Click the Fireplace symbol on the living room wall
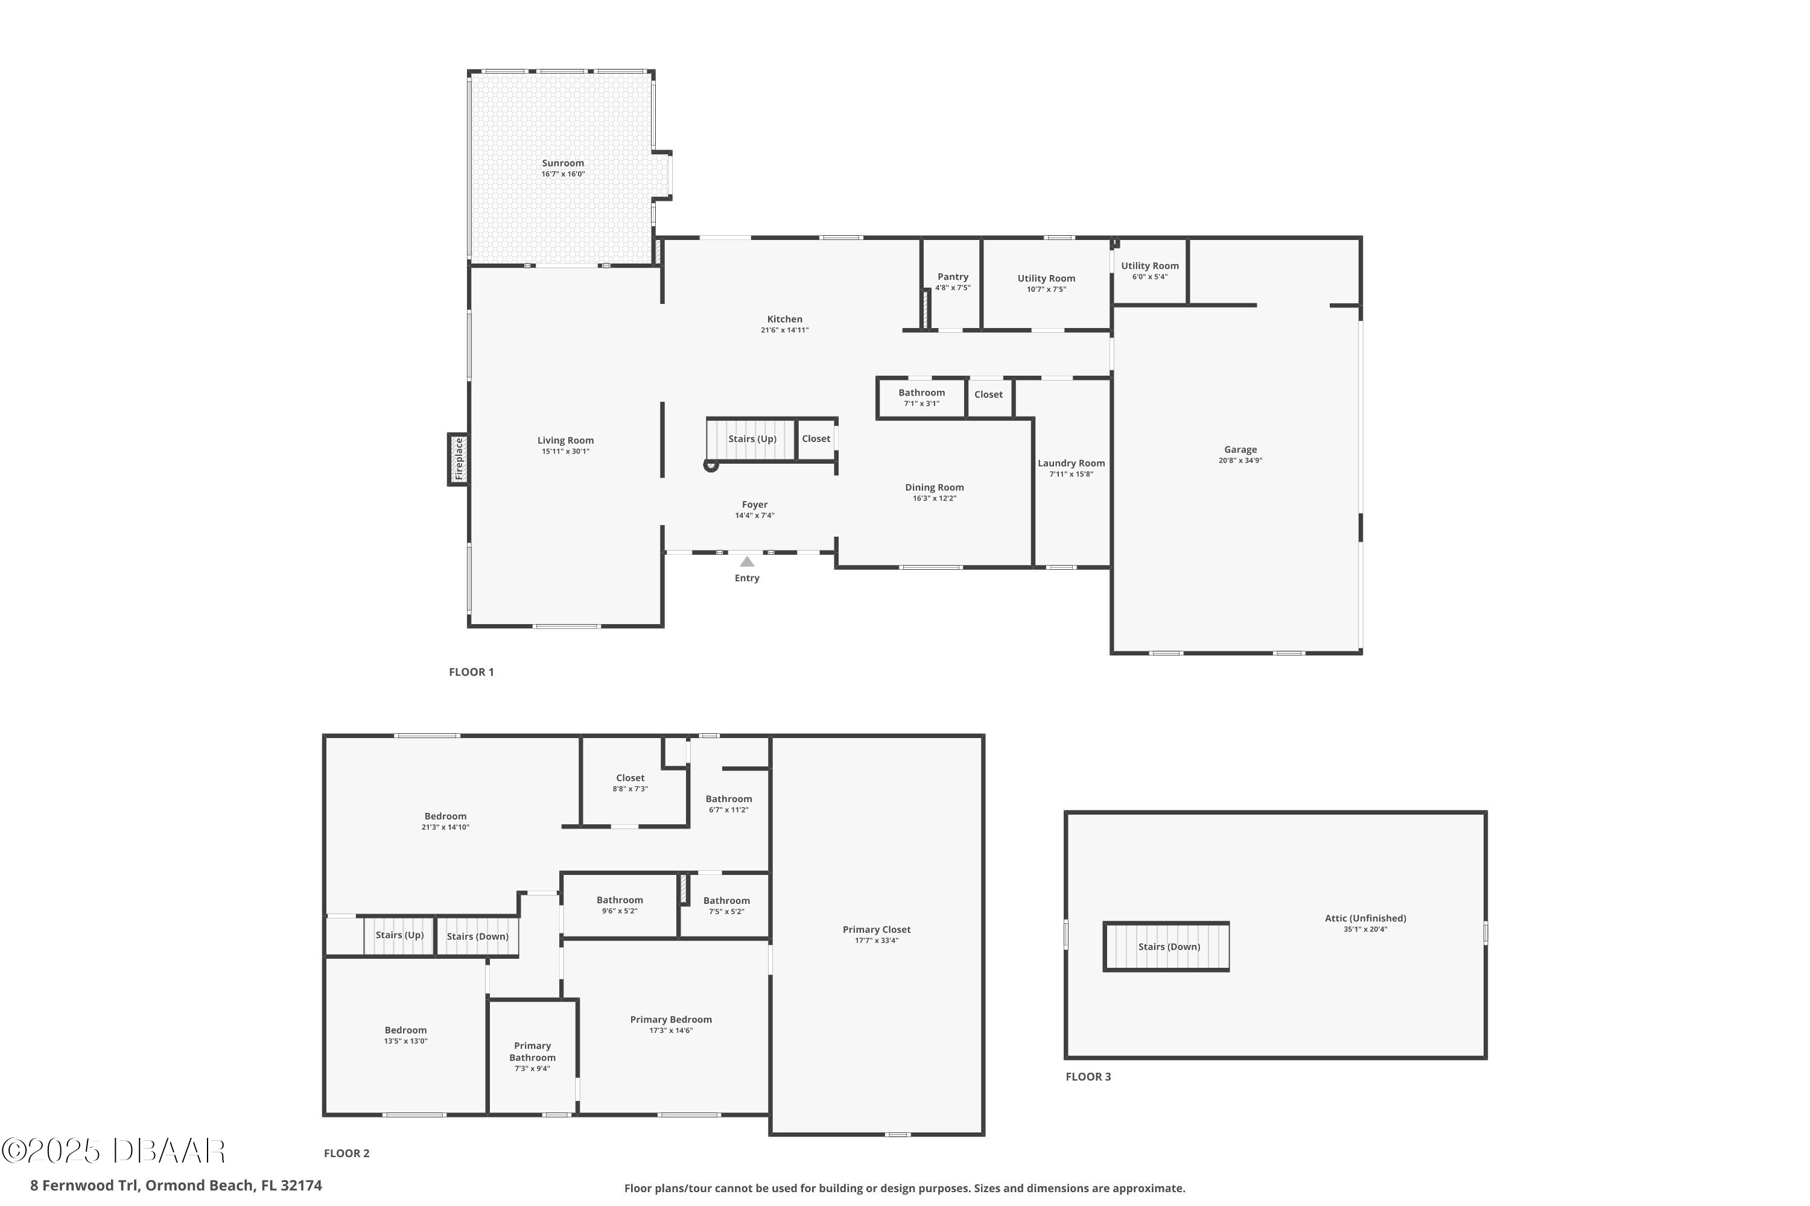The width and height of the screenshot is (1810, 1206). (459, 459)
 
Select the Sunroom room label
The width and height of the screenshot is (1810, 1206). (562, 163)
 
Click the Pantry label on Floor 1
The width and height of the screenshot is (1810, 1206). (953, 277)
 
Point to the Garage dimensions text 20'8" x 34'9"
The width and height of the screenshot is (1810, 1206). (1240, 461)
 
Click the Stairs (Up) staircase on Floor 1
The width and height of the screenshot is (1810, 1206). (751, 439)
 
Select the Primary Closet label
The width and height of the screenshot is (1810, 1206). (876, 930)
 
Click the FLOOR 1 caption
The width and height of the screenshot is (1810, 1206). (471, 672)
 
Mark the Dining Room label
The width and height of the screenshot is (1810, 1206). (934, 488)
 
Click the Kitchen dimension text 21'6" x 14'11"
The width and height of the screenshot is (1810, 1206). (784, 330)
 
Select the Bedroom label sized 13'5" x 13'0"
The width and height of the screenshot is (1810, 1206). (405, 1031)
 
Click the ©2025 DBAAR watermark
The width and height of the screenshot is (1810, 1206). (113, 1151)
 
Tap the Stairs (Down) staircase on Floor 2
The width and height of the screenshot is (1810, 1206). (477, 936)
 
